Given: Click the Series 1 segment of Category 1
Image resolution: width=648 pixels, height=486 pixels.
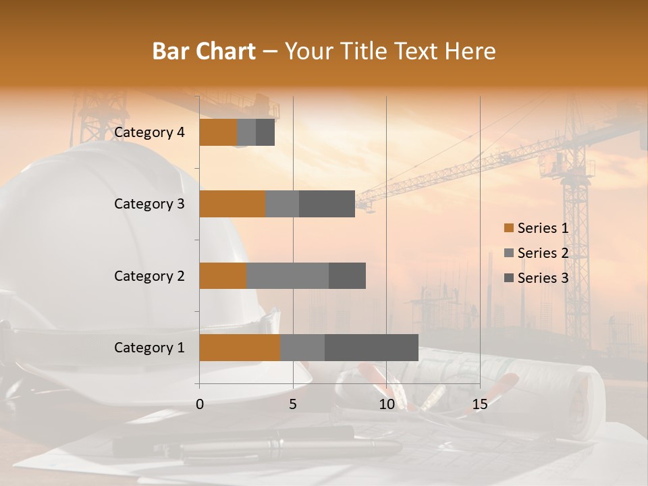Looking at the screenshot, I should (240, 347).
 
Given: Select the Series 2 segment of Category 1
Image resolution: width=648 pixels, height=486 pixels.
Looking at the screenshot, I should (302, 347).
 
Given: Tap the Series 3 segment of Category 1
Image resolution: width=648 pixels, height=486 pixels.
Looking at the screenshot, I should (371, 347).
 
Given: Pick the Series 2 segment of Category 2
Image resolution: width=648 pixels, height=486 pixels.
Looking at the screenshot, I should (288, 275).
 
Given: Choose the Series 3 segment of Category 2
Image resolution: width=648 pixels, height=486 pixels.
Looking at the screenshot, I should (347, 275).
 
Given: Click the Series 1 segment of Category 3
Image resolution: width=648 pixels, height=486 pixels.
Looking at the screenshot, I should (232, 204).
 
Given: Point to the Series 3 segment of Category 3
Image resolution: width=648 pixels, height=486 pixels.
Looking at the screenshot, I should (327, 204).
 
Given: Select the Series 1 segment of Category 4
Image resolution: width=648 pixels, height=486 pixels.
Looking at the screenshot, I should (218, 132).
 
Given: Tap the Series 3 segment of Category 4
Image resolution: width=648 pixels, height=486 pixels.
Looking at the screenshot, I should (265, 132).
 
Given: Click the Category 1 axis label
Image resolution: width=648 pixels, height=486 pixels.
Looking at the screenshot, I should (149, 348).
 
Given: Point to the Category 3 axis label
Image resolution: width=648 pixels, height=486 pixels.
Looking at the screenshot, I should (149, 204).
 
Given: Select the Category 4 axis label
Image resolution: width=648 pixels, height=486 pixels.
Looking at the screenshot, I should (149, 132).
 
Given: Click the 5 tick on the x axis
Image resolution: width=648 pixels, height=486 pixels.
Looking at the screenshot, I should (293, 404).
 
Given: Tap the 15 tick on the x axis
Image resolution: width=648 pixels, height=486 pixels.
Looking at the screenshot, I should (479, 404).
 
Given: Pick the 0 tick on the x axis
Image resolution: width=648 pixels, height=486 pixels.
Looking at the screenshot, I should (200, 404).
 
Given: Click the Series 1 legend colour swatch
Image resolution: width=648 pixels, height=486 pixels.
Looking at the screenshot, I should (509, 228).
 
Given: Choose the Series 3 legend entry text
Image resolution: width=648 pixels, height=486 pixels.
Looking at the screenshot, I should (543, 278).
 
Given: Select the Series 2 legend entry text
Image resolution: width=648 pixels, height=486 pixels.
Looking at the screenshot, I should (543, 253).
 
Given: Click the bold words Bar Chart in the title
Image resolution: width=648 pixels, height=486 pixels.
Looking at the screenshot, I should (204, 51).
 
